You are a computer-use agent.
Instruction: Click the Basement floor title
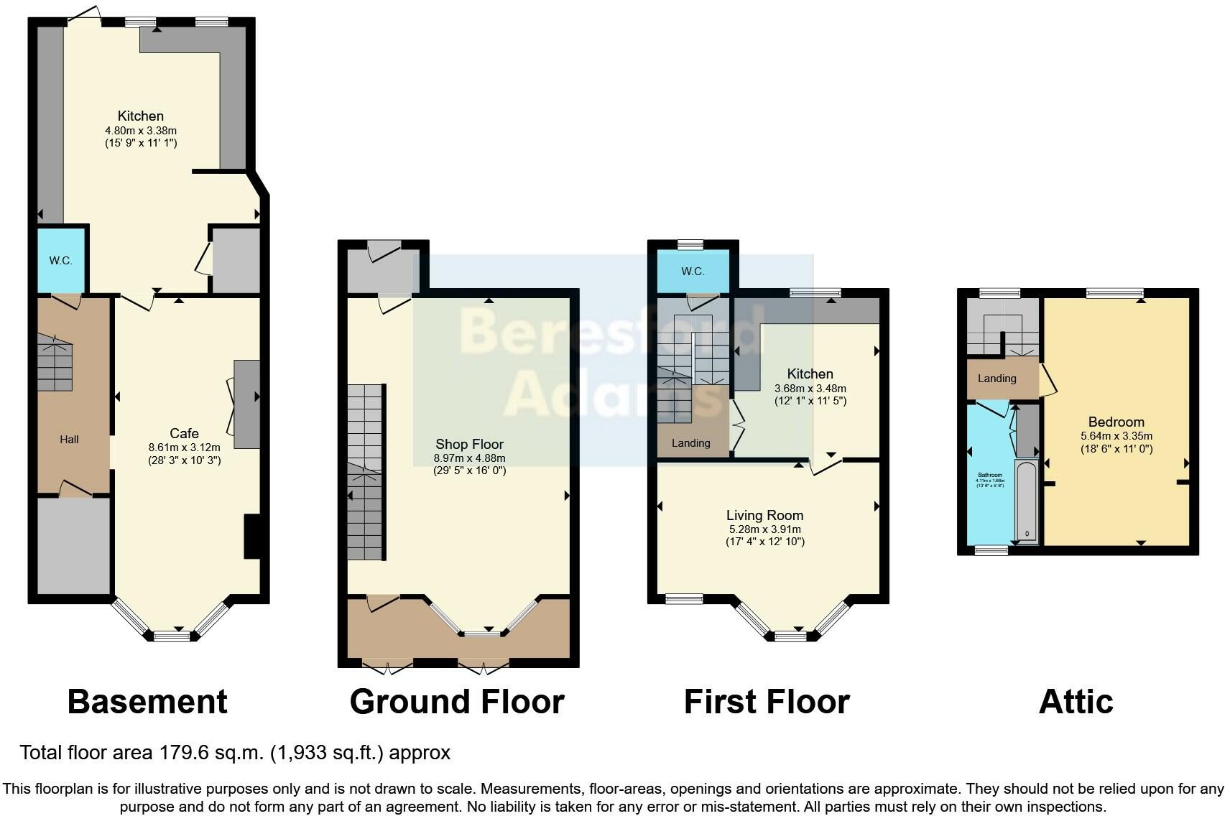147,702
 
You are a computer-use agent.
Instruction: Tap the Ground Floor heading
457,702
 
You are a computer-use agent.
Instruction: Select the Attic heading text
1076,702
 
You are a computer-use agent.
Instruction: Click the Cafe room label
184,433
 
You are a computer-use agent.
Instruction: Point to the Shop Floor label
469,445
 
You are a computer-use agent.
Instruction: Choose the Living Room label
764,515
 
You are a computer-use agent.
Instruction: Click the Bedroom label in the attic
1116,422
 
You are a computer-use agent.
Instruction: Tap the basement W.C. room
61,260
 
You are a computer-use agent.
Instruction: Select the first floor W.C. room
693,272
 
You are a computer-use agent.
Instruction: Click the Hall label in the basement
69,440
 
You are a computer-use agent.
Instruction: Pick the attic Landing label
997,379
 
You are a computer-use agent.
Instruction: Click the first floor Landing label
690,443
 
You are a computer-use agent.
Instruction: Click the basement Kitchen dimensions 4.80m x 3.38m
141,131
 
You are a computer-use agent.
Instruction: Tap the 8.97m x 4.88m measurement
469,458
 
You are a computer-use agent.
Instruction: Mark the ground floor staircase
365,473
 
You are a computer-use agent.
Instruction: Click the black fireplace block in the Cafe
252,537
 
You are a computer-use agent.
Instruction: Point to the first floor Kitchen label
810,374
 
